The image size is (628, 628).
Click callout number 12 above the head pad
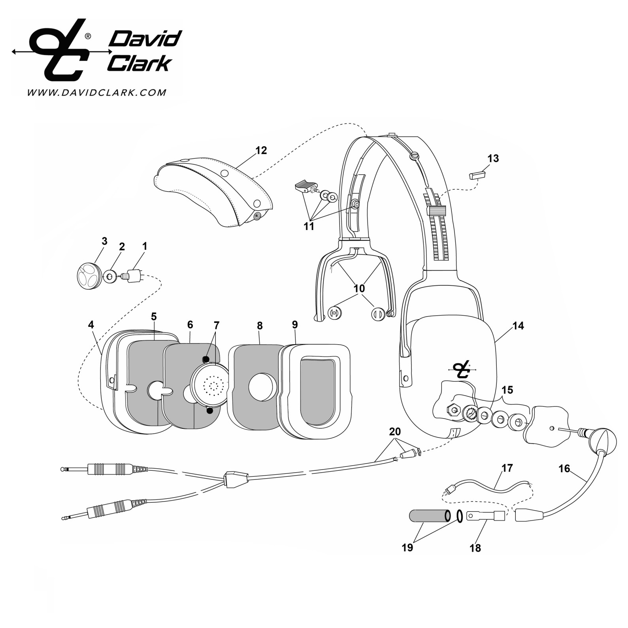pyautogui.click(x=261, y=151)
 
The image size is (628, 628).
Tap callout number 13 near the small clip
pyautogui.click(x=493, y=158)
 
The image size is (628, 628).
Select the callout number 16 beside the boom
pyautogui.click(x=564, y=469)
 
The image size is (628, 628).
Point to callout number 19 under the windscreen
pyautogui.click(x=407, y=547)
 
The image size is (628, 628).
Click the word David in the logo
pyautogui.click(x=145, y=40)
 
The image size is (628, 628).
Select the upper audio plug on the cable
pyautogui.click(x=105, y=469)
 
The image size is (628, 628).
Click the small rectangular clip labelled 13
pyautogui.click(x=477, y=175)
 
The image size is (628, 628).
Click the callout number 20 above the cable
pyautogui.click(x=395, y=432)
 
